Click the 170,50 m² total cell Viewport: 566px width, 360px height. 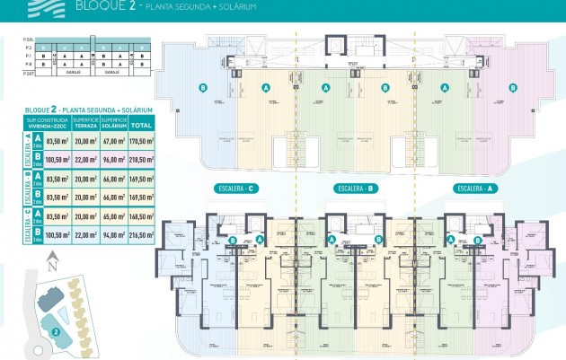pos(141,140)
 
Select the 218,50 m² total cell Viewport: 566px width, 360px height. pos(141,160)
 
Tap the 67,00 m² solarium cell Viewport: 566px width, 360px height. pos(113,140)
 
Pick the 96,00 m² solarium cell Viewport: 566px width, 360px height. pos(113,160)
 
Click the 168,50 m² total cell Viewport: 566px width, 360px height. pos(141,215)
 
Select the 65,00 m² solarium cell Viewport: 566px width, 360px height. pos(113,215)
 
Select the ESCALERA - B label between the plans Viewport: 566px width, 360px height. pos(355,189)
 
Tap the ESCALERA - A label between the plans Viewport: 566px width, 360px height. pos(475,189)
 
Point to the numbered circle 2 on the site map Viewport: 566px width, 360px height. pos(56,330)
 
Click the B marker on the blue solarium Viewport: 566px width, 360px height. pos(203,88)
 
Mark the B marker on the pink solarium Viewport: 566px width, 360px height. pos(513,88)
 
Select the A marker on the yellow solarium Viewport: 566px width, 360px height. pos(266,88)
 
